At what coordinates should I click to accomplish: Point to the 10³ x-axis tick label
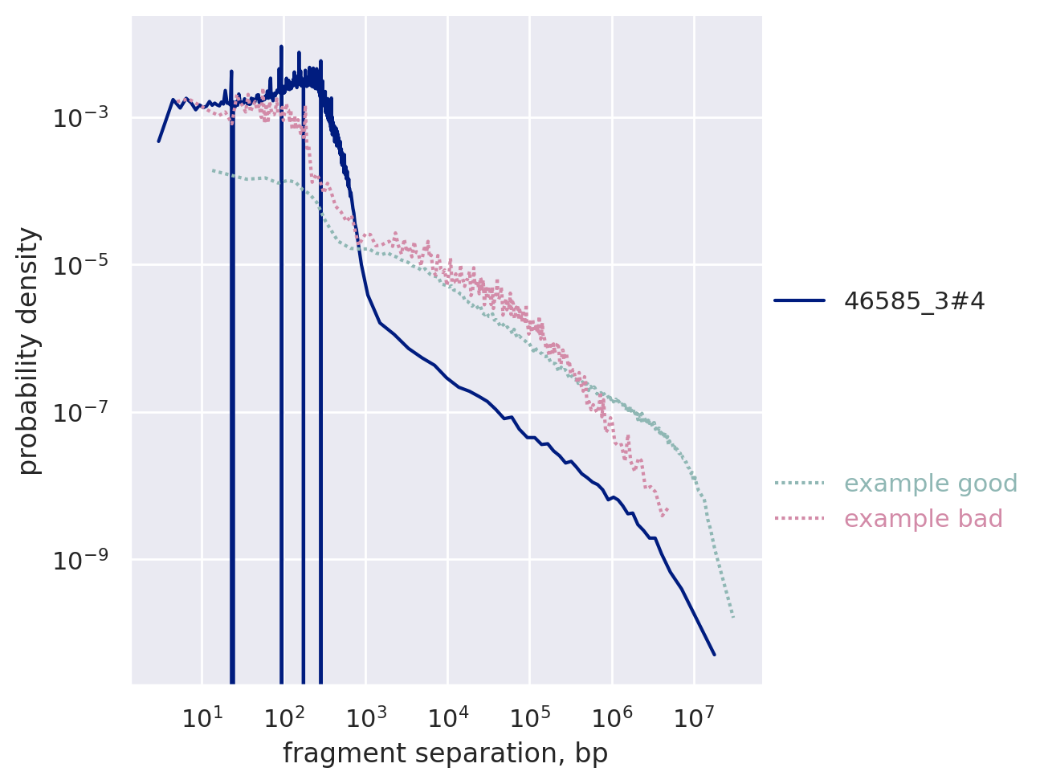365,717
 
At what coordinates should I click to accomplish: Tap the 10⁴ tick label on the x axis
447,717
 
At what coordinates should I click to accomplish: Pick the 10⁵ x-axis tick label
530,717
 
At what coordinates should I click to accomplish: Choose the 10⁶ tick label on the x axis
612,717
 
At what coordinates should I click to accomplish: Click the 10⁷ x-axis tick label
694,717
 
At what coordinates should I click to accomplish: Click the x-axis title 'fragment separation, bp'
445,754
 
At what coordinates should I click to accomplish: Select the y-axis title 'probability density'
29,351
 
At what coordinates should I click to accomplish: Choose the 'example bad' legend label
924,519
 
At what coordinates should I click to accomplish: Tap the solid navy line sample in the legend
800,301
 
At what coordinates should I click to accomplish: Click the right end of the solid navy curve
714,655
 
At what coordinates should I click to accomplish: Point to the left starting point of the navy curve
158,141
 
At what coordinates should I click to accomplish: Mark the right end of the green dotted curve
733,618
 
